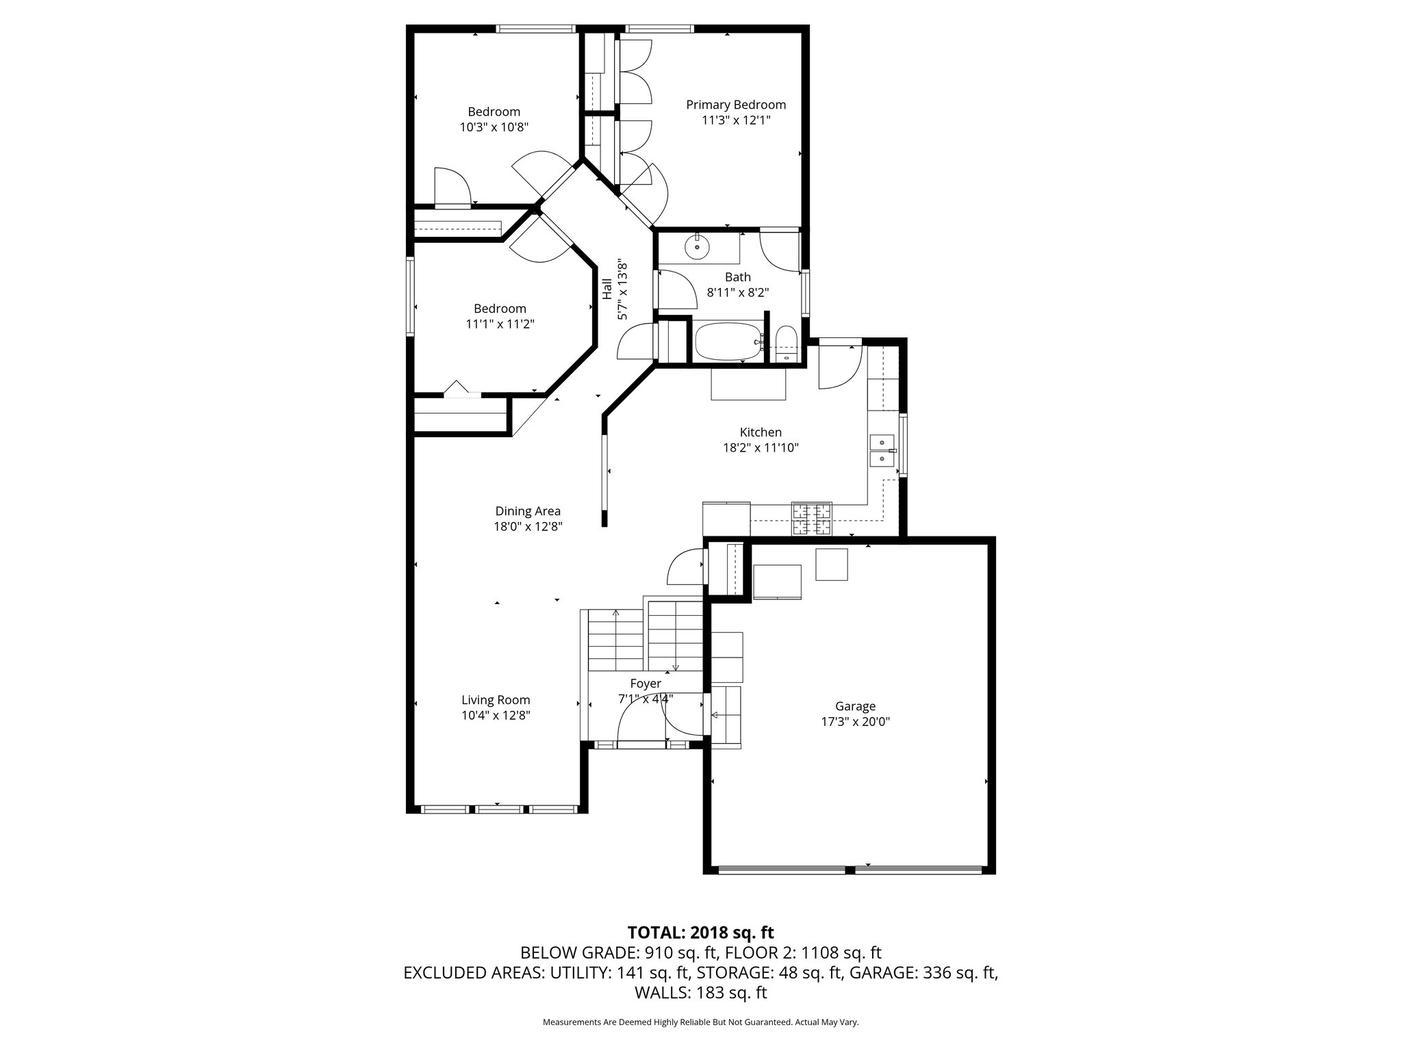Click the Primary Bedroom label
pos(736,105)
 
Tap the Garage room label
pos(855,707)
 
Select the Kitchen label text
pos(761,432)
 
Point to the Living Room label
pos(496,701)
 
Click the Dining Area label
pos(528,511)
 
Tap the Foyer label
pos(646,684)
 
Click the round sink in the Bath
pos(697,246)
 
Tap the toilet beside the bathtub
pos(786,343)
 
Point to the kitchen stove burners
pos(813,519)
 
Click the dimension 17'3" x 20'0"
pos(855,722)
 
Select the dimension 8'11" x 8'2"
pos(738,292)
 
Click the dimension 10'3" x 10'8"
pos(494,127)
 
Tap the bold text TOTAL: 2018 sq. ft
pos(701,933)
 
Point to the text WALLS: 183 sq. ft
pos(701,993)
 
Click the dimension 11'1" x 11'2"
pos(500,324)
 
